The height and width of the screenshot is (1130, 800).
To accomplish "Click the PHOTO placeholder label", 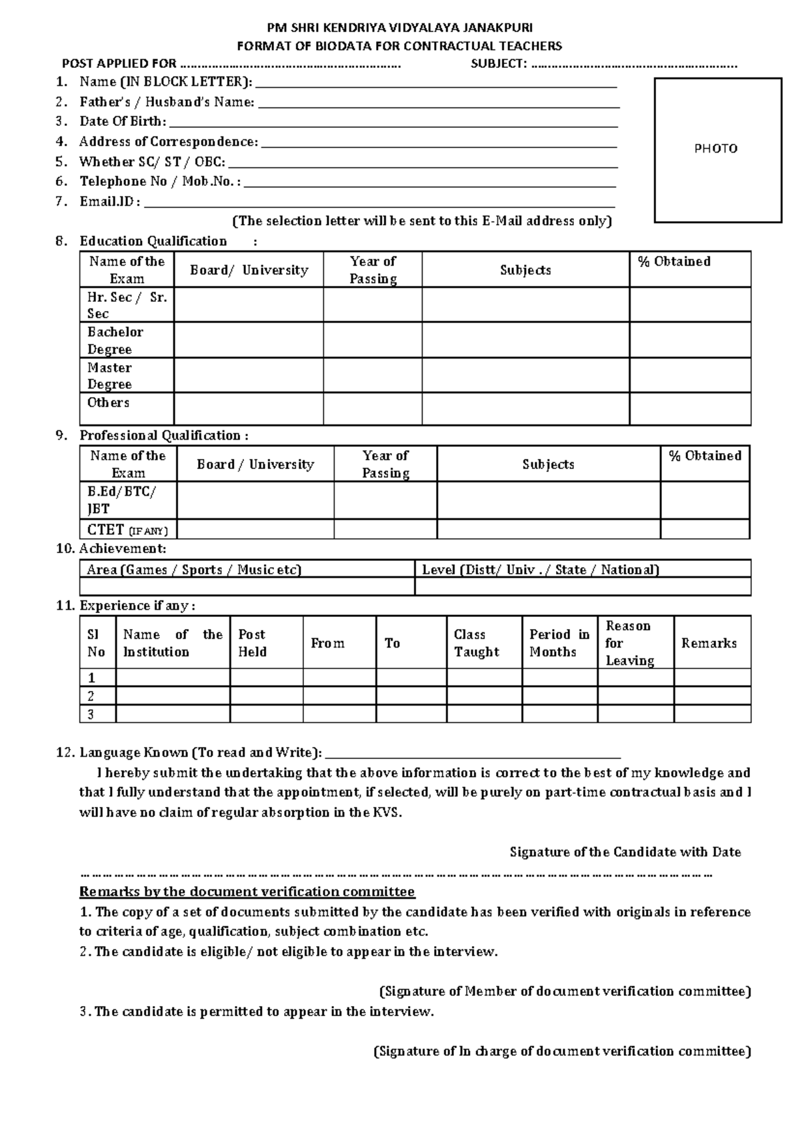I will pyautogui.click(x=716, y=149).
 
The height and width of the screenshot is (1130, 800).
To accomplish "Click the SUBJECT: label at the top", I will pyautogui.click(x=499, y=64).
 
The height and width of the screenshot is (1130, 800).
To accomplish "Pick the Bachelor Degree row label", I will pyautogui.click(x=115, y=340).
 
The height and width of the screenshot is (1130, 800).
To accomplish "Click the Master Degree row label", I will pyautogui.click(x=110, y=376).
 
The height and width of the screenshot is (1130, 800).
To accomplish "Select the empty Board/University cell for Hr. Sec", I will pyautogui.click(x=249, y=305).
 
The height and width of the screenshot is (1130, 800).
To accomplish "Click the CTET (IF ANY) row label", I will pyautogui.click(x=127, y=530).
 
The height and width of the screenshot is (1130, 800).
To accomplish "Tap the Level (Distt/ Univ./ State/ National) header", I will pyautogui.click(x=540, y=570).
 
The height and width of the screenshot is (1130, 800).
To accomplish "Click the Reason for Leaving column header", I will pyautogui.click(x=629, y=643).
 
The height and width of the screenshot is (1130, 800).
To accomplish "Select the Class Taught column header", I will pyautogui.click(x=476, y=643).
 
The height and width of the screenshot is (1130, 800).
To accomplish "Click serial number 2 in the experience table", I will pyautogui.click(x=91, y=696).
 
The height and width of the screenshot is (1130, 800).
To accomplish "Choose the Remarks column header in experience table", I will pyautogui.click(x=709, y=643).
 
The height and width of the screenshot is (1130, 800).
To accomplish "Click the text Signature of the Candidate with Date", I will pyautogui.click(x=625, y=852).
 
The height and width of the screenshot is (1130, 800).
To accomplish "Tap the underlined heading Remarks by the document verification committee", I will pyautogui.click(x=247, y=891).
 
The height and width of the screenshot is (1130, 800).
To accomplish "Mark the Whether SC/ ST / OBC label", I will pyautogui.click(x=152, y=162).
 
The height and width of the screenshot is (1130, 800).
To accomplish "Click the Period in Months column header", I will pyautogui.click(x=559, y=643).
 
